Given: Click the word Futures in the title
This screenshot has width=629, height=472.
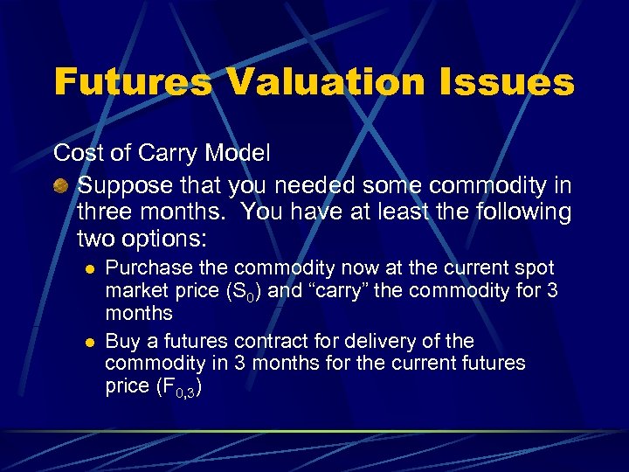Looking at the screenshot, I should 132,83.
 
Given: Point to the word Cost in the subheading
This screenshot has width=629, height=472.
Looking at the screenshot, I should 77,153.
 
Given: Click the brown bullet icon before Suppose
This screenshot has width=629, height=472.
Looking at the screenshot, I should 61,187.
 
